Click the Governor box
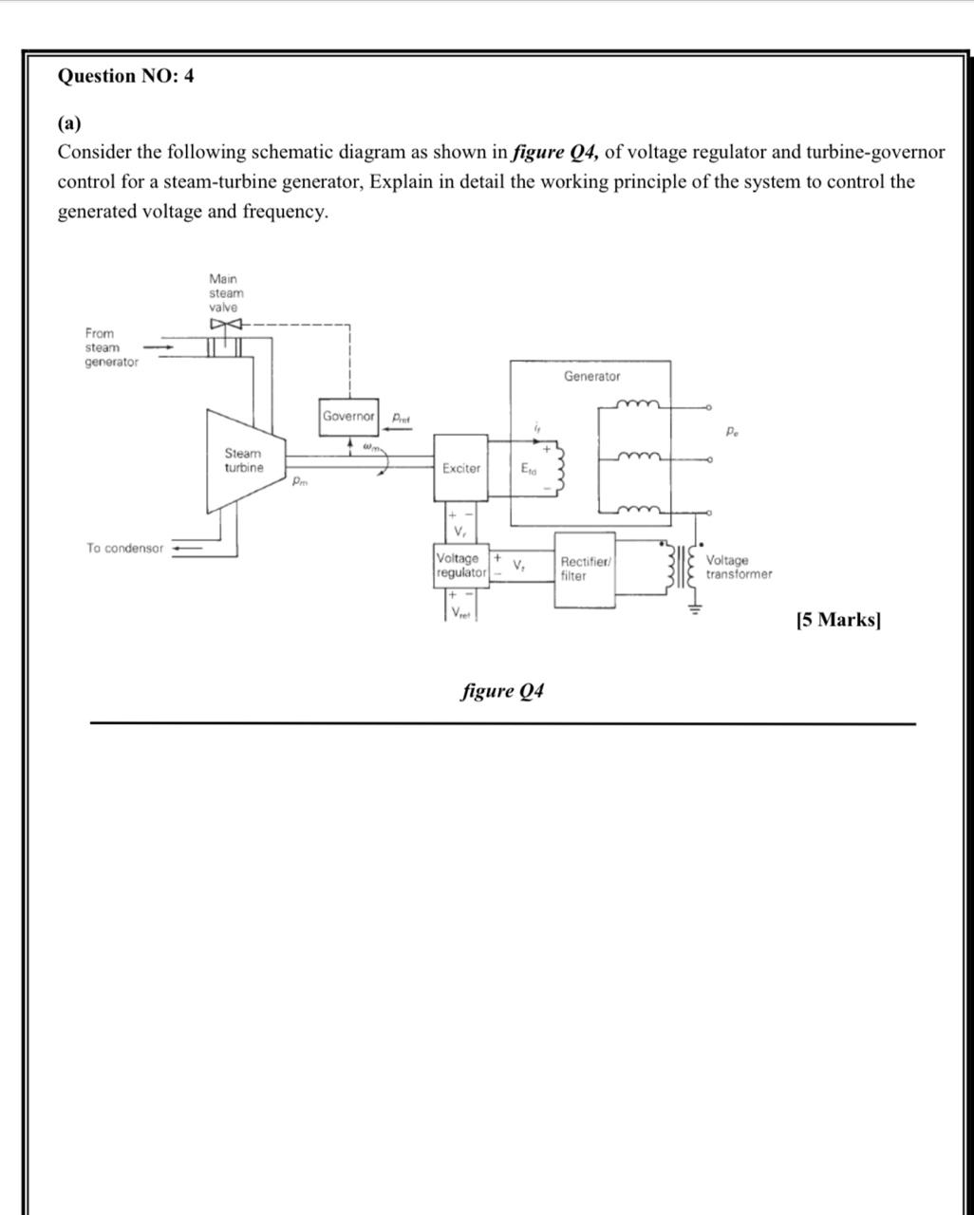coord(348,417)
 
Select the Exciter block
coord(461,468)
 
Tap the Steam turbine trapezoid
coord(244,461)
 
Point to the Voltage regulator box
coord(461,566)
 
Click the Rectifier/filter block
coord(585,570)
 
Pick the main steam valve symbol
coord(226,326)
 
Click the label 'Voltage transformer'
coord(739,568)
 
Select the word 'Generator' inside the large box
coord(591,377)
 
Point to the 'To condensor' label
coord(124,549)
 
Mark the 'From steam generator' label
coord(110,347)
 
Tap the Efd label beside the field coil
coord(529,468)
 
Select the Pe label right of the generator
coord(732,433)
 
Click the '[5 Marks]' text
coord(838,621)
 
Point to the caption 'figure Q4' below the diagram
coord(502,690)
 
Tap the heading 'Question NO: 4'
coord(126,76)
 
